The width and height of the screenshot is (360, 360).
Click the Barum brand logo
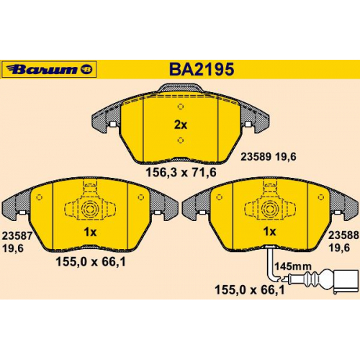[x=49, y=69]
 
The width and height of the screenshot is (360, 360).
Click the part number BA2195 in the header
[x=202, y=69]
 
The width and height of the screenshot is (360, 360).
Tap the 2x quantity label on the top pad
[x=181, y=125]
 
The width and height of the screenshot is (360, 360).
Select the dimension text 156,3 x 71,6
[x=181, y=172]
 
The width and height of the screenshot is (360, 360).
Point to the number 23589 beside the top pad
[x=256, y=157]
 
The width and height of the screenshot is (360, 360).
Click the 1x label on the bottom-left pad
[x=90, y=232]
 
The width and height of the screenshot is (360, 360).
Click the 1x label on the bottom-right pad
[x=269, y=232]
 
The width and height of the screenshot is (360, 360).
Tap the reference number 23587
[x=17, y=235]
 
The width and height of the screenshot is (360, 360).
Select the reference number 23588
[x=343, y=235]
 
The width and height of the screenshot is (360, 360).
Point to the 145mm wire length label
[x=293, y=266]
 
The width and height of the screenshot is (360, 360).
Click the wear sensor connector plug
[x=341, y=280]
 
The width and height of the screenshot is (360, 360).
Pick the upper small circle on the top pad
[x=181, y=107]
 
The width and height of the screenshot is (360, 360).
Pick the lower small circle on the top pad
[x=181, y=140]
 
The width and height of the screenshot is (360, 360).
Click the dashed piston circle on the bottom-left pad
[x=90, y=210]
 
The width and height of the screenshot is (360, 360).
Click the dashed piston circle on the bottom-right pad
[x=270, y=210]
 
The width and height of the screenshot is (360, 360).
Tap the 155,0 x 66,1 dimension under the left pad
[x=91, y=261]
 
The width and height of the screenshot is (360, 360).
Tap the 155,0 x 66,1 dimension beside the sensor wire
[x=250, y=290]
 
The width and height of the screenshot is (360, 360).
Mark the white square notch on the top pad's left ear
[x=112, y=124]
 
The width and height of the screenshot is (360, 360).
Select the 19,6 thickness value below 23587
[x=13, y=248]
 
